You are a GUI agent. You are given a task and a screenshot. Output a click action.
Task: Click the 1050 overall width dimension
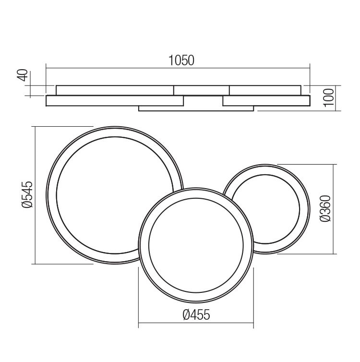181,60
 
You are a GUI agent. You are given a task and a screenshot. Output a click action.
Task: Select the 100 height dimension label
329,97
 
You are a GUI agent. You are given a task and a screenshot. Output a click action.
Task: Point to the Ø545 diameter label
27,194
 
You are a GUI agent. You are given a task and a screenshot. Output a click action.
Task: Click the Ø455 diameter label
196,314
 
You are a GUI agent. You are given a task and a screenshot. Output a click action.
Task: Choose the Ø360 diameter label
325,208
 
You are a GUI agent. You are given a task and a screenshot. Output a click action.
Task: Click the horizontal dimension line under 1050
178,68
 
